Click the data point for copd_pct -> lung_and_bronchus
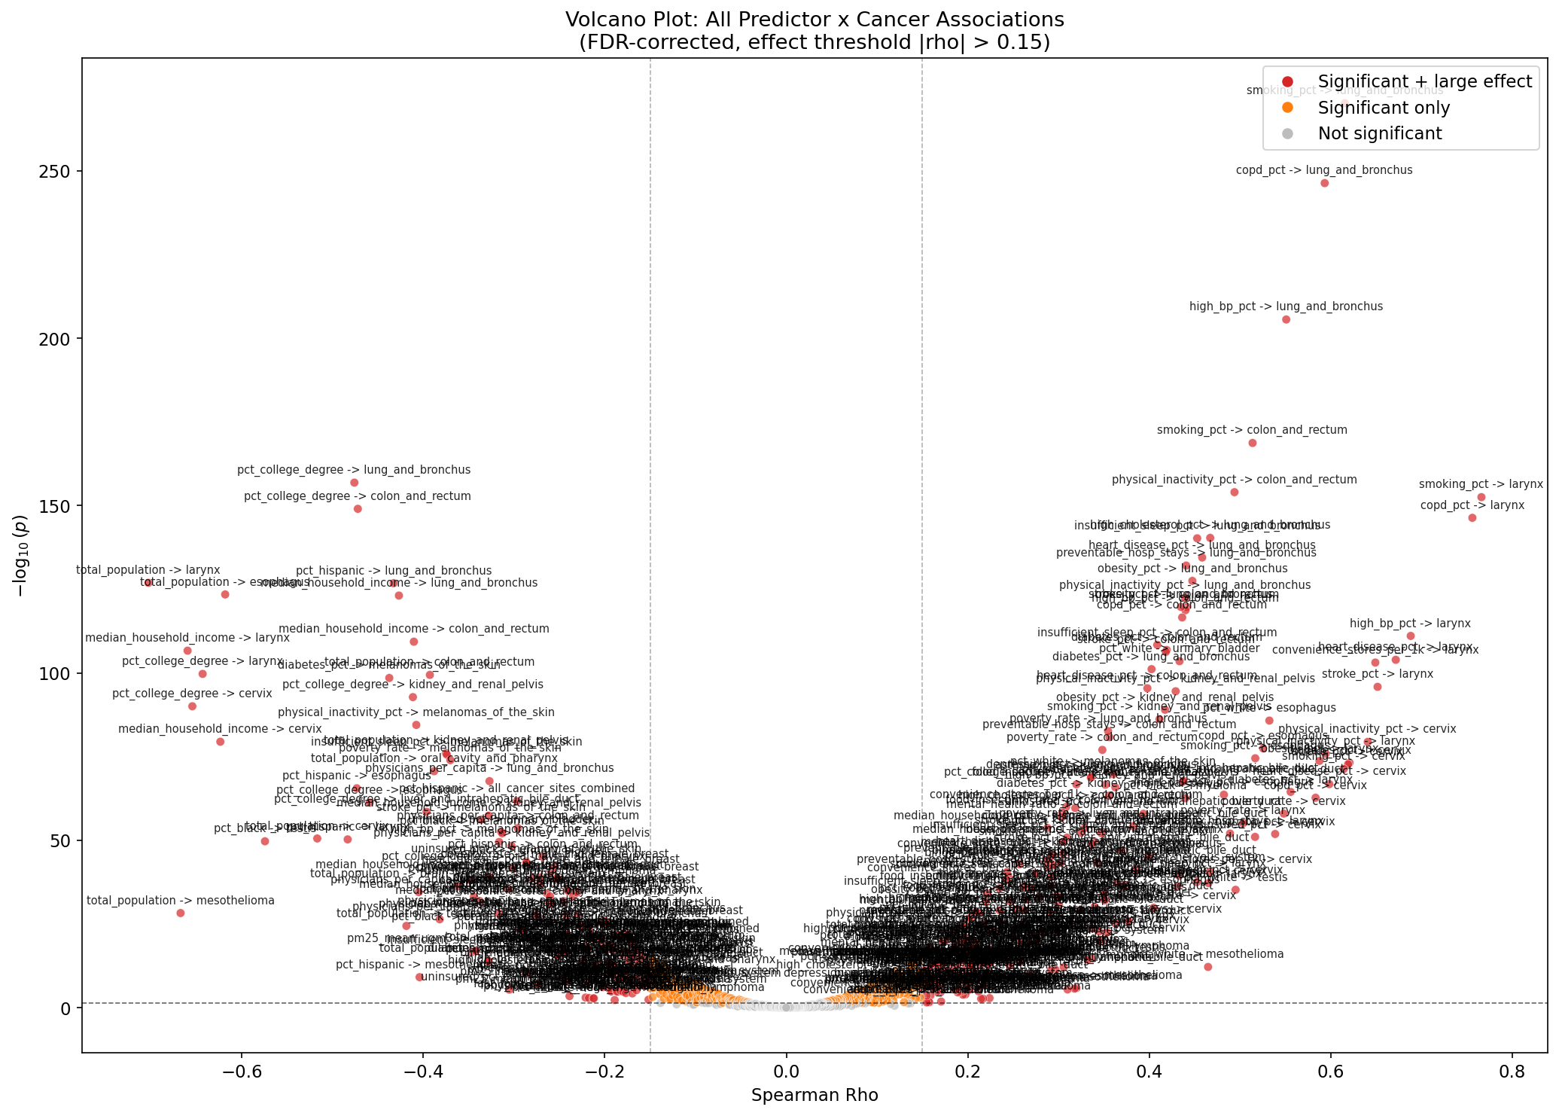click(x=1324, y=183)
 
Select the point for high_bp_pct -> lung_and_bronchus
click(x=1286, y=319)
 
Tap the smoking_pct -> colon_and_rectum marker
click(x=1253, y=443)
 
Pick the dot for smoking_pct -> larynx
click(x=1481, y=497)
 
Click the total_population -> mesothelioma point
click(x=181, y=913)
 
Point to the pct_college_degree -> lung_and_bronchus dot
click(x=354, y=483)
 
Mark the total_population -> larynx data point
click(x=148, y=583)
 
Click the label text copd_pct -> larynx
click(x=1472, y=505)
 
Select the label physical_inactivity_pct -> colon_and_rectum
click(x=1234, y=480)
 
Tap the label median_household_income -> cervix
click(x=220, y=729)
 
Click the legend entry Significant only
click(x=1384, y=108)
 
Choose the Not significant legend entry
click(x=1380, y=133)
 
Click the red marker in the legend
click(x=1287, y=82)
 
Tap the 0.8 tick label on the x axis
click(x=1512, y=1070)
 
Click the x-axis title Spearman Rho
click(x=815, y=1095)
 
